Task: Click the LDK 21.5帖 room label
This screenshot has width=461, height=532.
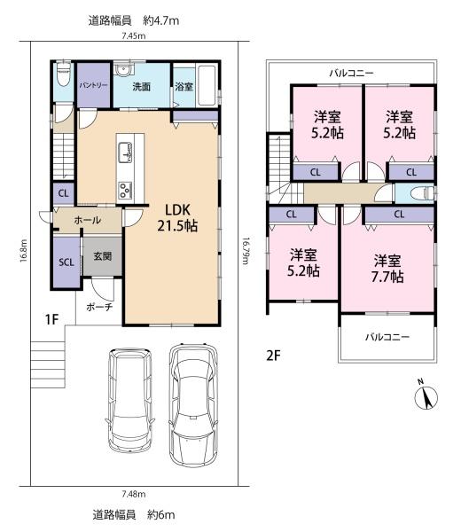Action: pyautogui.click(x=177, y=218)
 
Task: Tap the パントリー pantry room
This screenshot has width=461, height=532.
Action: pyautogui.click(x=94, y=85)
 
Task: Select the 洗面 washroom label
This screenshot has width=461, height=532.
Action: pyautogui.click(x=141, y=87)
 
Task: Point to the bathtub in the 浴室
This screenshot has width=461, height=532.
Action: pyautogui.click(x=207, y=85)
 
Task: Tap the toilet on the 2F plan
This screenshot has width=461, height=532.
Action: pyautogui.click(x=422, y=193)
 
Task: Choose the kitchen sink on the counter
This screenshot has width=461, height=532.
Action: pyautogui.click(x=125, y=153)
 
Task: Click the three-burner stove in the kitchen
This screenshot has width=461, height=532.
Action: pyautogui.click(x=125, y=191)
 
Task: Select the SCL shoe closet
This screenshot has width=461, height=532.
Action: pyautogui.click(x=66, y=262)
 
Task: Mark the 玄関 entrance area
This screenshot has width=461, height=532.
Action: pyautogui.click(x=103, y=256)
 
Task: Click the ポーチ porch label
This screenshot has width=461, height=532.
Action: pyautogui.click(x=99, y=308)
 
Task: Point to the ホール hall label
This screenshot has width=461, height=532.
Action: pyautogui.click(x=87, y=220)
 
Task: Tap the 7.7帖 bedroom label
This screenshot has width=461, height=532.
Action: pyautogui.click(x=387, y=269)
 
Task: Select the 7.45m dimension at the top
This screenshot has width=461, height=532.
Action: pyautogui.click(x=134, y=35)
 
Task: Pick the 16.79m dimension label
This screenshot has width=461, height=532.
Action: pyautogui.click(x=245, y=251)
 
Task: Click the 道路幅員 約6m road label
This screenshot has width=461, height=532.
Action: pyautogui.click(x=134, y=514)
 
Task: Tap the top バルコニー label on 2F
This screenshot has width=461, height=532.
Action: pyautogui.click(x=352, y=73)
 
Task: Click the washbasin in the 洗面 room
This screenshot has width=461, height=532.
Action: pyautogui.click(x=123, y=69)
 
